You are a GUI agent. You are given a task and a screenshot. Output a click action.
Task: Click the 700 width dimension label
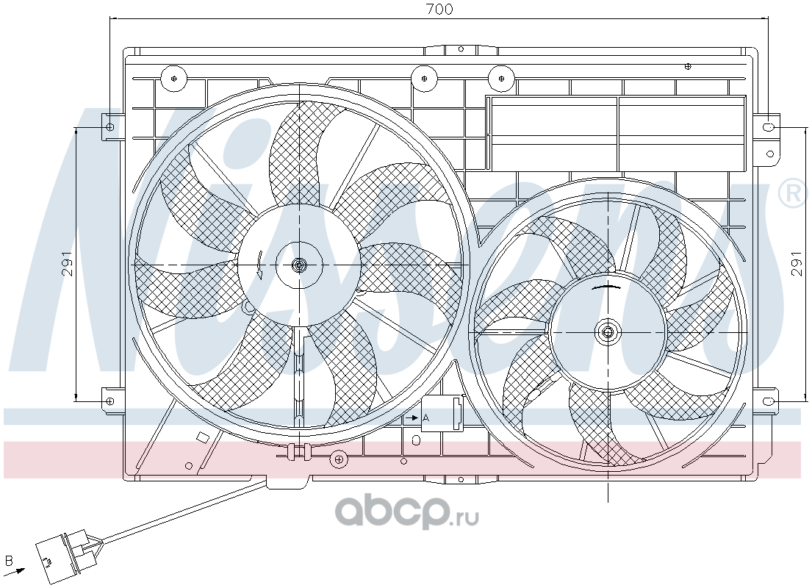(439, 9)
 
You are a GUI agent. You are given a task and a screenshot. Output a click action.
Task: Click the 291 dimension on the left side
(68, 264)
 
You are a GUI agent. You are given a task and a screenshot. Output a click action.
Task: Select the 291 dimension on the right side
(797, 264)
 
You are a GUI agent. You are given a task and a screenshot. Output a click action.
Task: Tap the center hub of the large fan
(299, 265)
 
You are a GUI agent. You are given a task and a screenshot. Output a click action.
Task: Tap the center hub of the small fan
(608, 332)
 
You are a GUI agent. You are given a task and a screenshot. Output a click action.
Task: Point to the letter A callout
(426, 417)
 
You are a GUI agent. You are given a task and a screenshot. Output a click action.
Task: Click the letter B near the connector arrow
(8, 561)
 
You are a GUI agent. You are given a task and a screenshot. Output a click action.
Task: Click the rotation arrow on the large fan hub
(260, 265)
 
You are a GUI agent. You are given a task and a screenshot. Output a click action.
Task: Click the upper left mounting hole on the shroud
(109, 127)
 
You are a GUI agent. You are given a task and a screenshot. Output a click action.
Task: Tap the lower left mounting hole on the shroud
(109, 401)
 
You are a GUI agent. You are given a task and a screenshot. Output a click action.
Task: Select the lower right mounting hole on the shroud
(769, 401)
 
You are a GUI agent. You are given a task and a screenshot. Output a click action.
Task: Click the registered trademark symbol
(792, 194)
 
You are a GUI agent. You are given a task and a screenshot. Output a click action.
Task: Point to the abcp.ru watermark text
(407, 511)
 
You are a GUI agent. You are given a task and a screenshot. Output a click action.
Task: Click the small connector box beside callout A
(444, 413)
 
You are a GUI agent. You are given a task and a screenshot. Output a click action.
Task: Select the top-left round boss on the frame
(173, 79)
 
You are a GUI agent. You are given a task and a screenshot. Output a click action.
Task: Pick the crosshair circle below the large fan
(338, 459)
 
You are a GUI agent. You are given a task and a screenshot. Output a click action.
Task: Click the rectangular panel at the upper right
(616, 134)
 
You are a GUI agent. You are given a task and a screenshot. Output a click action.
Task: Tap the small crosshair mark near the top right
(688, 66)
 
